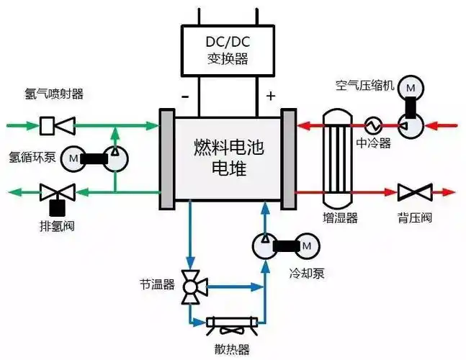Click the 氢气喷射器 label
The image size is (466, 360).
pyautogui.click(x=55, y=94)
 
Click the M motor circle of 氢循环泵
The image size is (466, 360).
pyautogui.click(x=72, y=157)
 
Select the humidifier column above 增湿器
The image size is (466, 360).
pyautogui.click(x=336, y=158)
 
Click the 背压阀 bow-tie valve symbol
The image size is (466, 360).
pyautogui.click(x=414, y=192)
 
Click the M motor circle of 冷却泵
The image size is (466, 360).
pyautogui.click(x=306, y=246)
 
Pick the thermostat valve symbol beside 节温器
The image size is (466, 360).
pyautogui.click(x=192, y=286)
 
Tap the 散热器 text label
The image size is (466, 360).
pyautogui.click(x=235, y=350)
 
